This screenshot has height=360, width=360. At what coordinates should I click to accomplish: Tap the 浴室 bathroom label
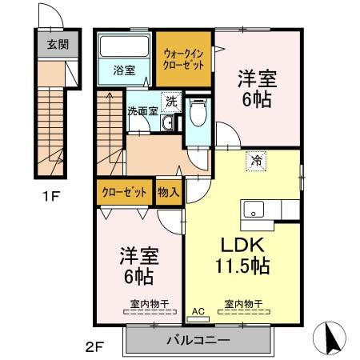coord(124,69)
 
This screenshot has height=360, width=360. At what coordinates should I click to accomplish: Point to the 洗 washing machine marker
coord(171,102)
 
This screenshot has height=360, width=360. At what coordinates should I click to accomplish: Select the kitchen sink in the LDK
coord(255,210)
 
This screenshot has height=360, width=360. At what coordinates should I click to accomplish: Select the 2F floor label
coord(95,347)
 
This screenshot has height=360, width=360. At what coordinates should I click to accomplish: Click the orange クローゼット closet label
coord(123,193)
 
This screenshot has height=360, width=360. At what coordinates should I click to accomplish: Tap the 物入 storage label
coord(167,193)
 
